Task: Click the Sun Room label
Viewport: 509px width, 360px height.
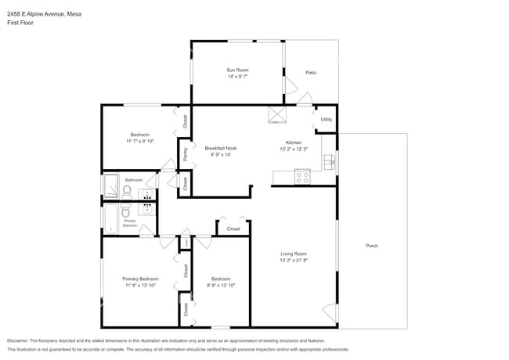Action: coord(237,70)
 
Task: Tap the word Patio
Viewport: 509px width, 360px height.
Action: coord(311,72)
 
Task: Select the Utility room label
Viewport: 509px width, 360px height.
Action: coord(327,119)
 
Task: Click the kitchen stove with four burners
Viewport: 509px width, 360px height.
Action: coord(302,176)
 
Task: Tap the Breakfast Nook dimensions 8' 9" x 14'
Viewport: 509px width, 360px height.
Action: coord(221,154)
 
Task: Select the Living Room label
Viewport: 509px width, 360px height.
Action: coord(294,253)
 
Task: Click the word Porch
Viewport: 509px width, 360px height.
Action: coord(372,246)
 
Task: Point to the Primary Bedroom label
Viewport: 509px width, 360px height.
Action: coord(140,279)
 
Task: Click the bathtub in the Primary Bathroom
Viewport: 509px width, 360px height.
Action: coord(109,217)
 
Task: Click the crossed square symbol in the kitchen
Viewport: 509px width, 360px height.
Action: coord(277,115)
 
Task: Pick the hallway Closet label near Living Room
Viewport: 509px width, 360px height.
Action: coord(233,229)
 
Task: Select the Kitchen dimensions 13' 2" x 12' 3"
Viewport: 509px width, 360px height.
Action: coord(294,149)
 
